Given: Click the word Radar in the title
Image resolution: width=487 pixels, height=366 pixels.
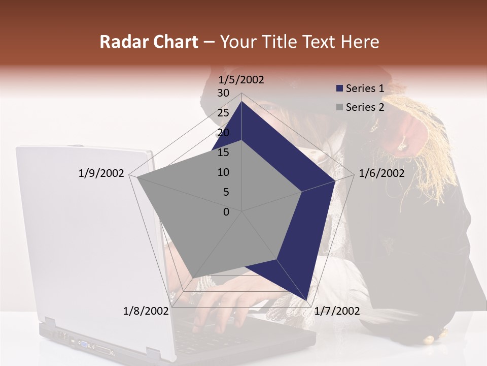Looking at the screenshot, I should pos(122,42).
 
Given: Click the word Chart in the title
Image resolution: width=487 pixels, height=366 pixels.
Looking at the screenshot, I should pos(173,42).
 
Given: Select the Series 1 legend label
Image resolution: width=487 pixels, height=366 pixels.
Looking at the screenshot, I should pos(365,88).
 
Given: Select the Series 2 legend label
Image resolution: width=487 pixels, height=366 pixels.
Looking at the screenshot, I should pos(365,107).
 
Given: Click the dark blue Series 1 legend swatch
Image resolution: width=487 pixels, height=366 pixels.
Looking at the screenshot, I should pos(339,89).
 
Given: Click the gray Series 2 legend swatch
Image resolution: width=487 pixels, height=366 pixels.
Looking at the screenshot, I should pos(339,108).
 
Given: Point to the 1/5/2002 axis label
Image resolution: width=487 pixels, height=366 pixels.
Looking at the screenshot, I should pos(241,80).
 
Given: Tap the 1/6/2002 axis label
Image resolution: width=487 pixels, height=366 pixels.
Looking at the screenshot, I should pos(381,173).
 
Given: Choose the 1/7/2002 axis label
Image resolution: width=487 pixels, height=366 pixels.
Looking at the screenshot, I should pos(337,311).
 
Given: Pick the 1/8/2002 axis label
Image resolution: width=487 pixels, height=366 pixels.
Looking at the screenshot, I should pos(146,311).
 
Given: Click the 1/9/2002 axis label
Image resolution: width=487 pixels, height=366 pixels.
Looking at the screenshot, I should pos(101,173).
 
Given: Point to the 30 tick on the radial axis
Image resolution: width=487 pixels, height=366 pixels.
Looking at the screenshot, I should pos(223,93).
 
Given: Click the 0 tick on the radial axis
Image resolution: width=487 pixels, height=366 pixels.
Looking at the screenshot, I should pos(226,212).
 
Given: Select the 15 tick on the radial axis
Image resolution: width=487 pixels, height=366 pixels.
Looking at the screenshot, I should pos(223,152).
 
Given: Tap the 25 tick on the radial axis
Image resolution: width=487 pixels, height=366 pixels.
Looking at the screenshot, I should pos(223,113).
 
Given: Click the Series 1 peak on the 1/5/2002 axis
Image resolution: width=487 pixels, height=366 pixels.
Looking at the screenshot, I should pos(242,102).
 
